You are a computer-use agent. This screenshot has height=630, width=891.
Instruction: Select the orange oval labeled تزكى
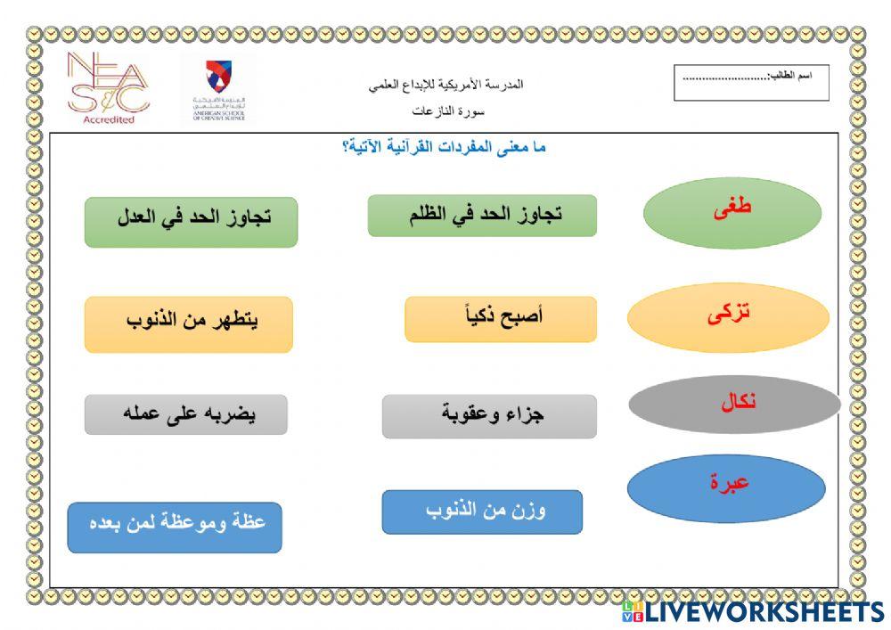coord(728,318)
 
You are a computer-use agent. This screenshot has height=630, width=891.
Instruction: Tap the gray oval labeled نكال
coord(734,404)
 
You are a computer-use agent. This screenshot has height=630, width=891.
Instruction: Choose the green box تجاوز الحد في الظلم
coord(482,216)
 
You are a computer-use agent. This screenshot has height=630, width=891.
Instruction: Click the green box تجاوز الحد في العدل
coord(191,221)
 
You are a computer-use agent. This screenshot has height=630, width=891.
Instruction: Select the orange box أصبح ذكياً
coord(500,319)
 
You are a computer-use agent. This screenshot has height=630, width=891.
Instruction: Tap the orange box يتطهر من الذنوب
coord(189,324)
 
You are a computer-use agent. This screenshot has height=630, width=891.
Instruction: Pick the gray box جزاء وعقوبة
coord(489,416)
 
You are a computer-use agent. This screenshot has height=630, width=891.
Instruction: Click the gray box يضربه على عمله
coord(185,414)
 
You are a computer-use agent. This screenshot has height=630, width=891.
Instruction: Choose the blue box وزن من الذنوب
coord(482,511)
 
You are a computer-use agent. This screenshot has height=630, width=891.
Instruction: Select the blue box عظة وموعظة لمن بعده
coord(175,527)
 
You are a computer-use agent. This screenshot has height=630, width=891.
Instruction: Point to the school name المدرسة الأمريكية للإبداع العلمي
coord(445,85)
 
